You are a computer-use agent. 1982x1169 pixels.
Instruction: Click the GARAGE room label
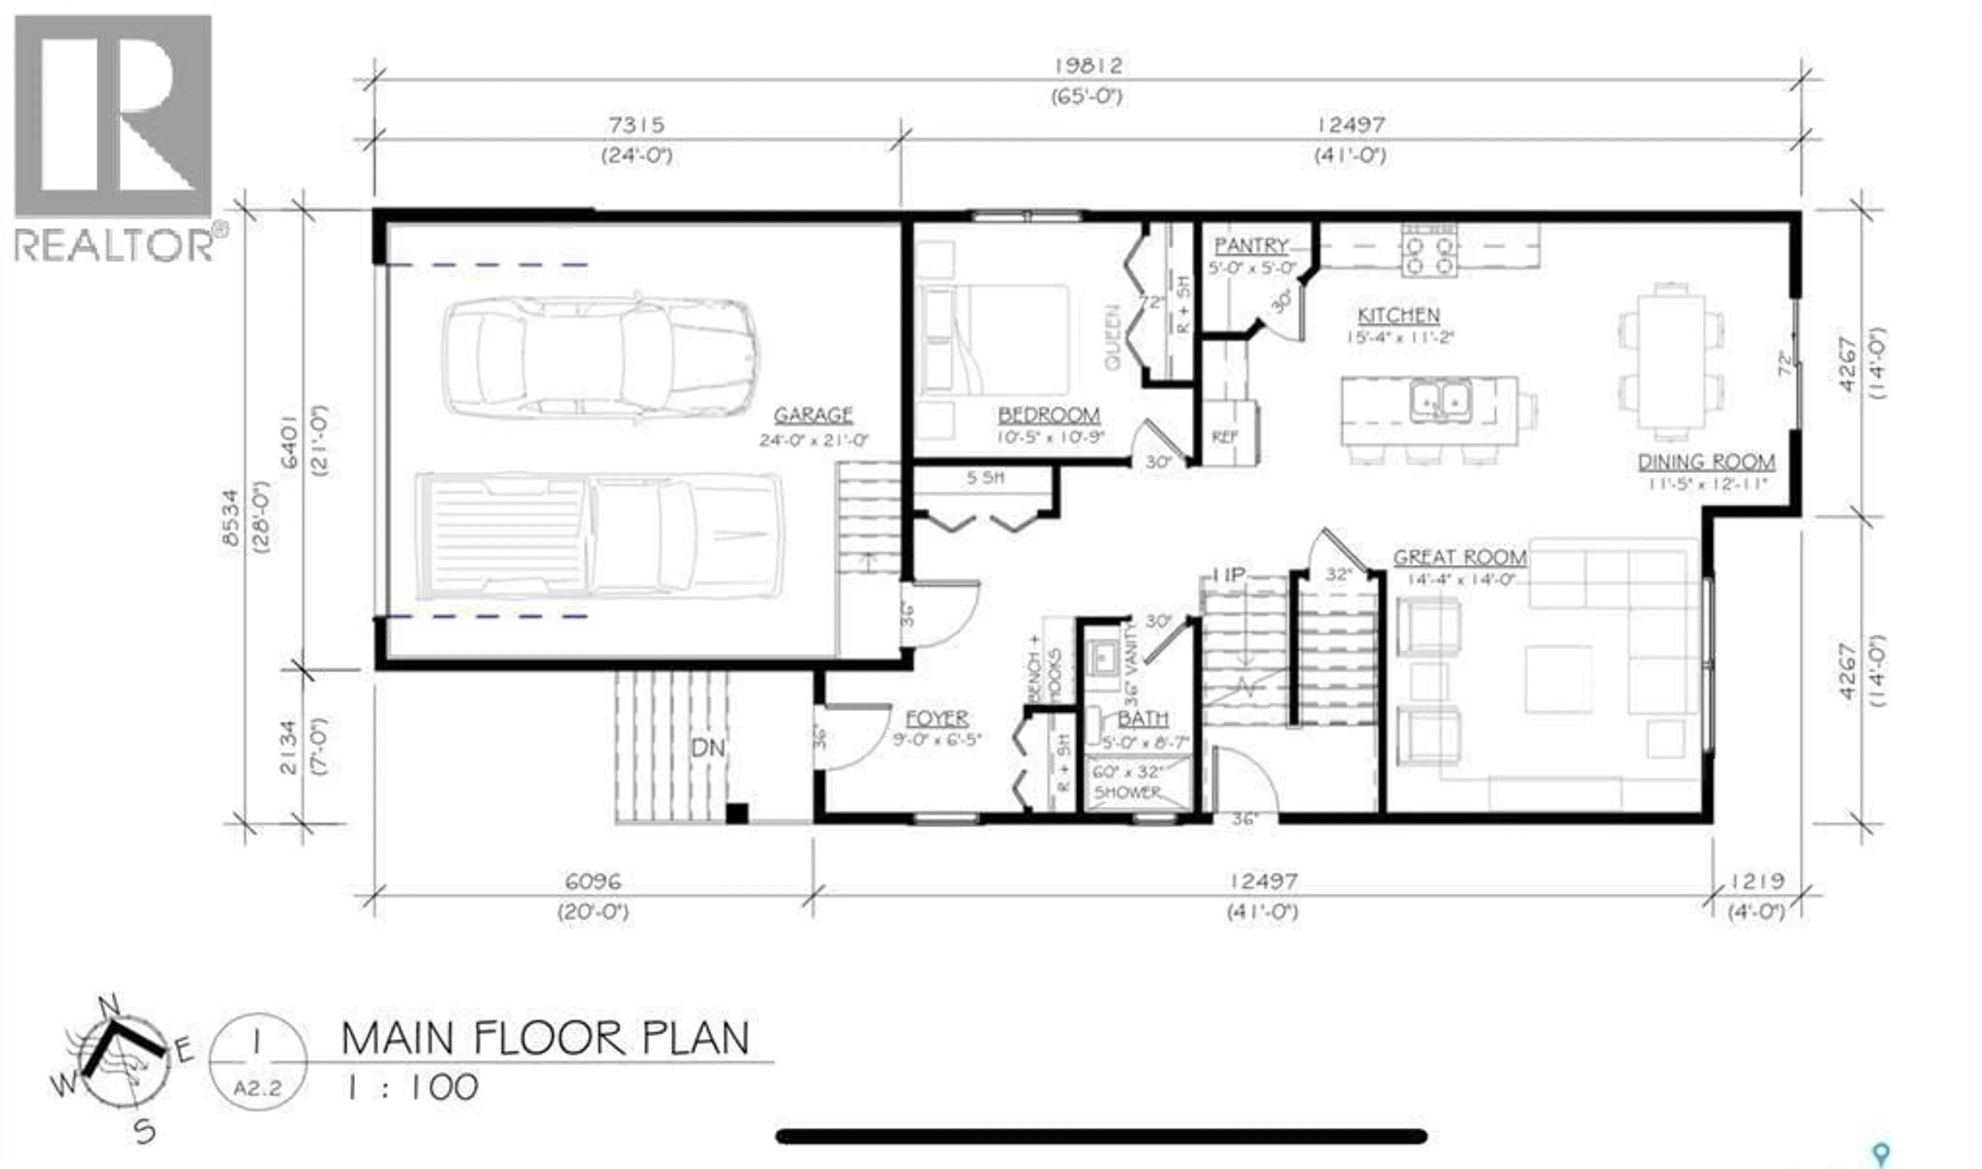[812, 415]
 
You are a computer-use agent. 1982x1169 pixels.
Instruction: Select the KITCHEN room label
[1398, 316]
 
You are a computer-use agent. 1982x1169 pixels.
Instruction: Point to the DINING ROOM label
[1706, 462]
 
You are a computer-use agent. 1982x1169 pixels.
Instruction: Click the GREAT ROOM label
[1459, 558]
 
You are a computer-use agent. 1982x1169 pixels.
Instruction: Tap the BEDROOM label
[1048, 415]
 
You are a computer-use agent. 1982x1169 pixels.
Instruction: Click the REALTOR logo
[114, 138]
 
